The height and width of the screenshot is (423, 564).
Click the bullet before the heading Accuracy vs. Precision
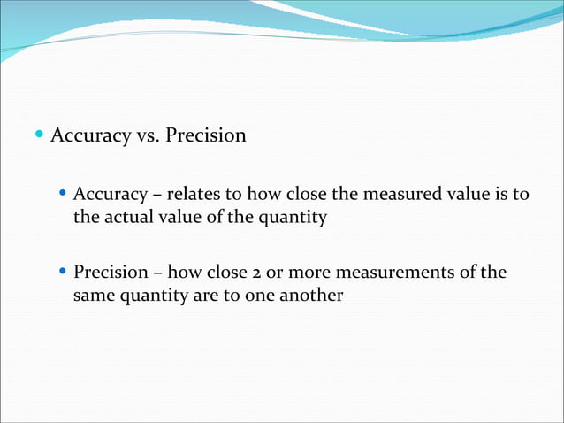click(x=40, y=135)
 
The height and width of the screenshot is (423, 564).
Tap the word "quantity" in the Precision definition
click(x=154, y=296)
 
